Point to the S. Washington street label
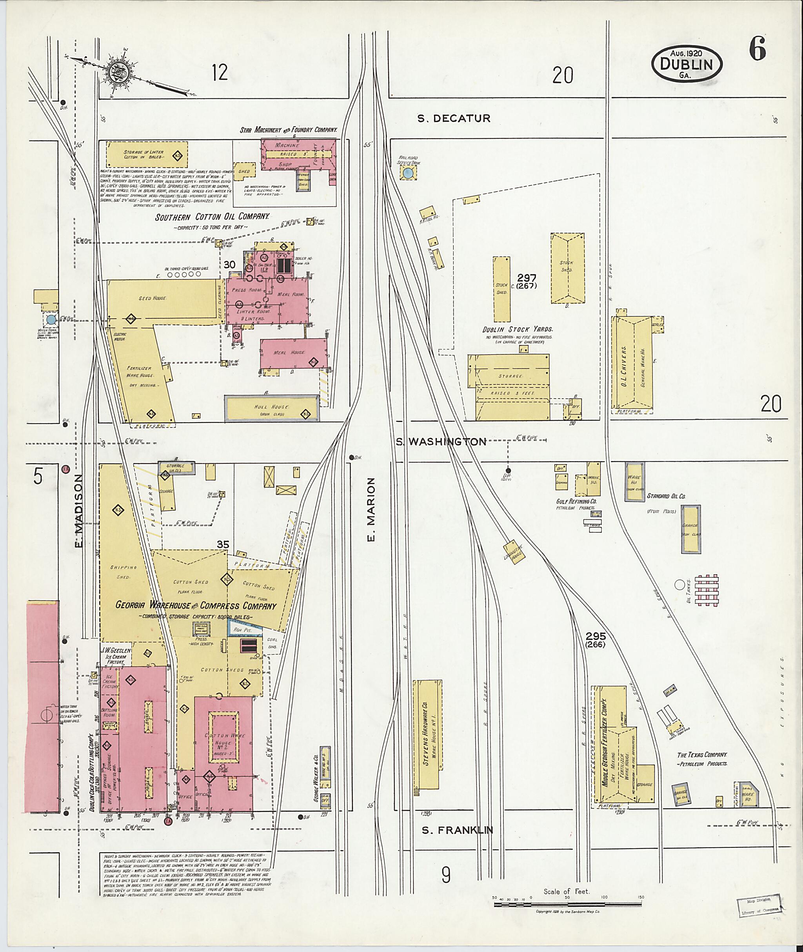(441, 441)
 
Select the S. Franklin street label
(457, 830)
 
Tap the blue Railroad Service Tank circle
(408, 173)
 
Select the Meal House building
(294, 354)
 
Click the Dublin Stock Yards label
(518, 329)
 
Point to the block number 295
(596, 636)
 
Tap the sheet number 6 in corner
(758, 49)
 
